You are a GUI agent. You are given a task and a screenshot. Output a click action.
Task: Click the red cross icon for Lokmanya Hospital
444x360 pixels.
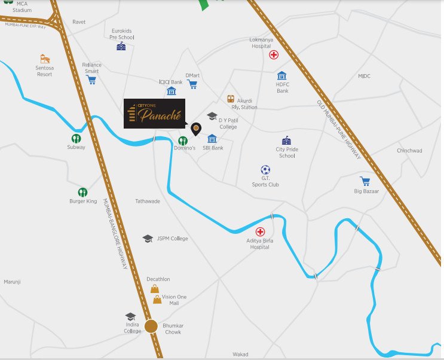tap(274, 56)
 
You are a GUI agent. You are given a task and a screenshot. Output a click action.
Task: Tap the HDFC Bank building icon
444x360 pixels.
tap(282, 76)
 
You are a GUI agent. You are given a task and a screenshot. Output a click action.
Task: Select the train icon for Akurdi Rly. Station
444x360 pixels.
tap(231, 99)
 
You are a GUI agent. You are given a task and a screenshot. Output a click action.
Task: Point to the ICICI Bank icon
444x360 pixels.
tap(172, 91)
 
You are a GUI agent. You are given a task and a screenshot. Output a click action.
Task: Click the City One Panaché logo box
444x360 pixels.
tap(154, 113)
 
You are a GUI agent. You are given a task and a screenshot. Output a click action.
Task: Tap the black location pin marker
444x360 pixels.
tap(195, 128)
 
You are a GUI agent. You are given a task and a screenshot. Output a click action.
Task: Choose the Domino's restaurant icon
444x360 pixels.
tap(183, 140)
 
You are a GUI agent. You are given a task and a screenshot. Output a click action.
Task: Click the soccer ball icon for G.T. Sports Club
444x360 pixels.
tap(265, 170)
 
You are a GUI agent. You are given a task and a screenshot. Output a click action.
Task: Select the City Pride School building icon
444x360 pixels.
tap(286, 140)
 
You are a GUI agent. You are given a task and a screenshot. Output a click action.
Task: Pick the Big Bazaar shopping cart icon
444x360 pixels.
tap(365, 181)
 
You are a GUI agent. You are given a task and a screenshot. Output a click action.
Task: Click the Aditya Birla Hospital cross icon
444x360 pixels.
tap(260, 231)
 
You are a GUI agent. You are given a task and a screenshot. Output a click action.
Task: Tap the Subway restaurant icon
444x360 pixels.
tap(76, 139)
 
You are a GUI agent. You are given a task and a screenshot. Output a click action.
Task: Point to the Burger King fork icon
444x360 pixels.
tap(82, 193)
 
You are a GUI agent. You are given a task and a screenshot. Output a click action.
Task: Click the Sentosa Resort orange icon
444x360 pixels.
tap(45, 59)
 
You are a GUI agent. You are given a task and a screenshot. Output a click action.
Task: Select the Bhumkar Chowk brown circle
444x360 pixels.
tap(151, 326)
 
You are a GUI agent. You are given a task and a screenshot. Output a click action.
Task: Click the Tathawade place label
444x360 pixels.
tap(148, 202)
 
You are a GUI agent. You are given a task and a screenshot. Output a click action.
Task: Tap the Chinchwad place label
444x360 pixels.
tap(409, 151)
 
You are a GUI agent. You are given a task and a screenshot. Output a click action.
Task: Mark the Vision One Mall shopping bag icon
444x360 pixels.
tap(157, 298)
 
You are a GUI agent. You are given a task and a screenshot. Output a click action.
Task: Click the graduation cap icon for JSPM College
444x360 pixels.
tap(148, 239)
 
